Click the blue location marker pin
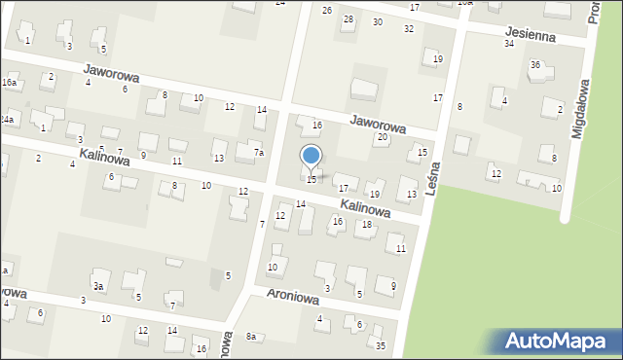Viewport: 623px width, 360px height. [x=311, y=156]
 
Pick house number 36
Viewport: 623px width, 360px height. [x=534, y=65]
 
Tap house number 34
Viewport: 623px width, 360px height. [x=508, y=44]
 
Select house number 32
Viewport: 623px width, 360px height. [x=409, y=29]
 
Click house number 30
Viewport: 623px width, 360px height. [x=378, y=21]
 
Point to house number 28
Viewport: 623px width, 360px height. [x=348, y=19]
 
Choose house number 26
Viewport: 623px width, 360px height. [x=327, y=10]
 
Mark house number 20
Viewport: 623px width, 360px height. [x=383, y=137]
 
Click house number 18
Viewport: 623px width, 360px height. [x=367, y=225]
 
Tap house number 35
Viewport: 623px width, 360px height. [x=381, y=345]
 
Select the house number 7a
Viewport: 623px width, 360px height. [x=258, y=152]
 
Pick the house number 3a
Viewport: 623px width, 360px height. [x=98, y=286]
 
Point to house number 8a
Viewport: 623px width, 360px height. [x=250, y=337]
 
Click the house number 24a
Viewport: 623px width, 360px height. [x=7, y=119]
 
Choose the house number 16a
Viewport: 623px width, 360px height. [x=9, y=84]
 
